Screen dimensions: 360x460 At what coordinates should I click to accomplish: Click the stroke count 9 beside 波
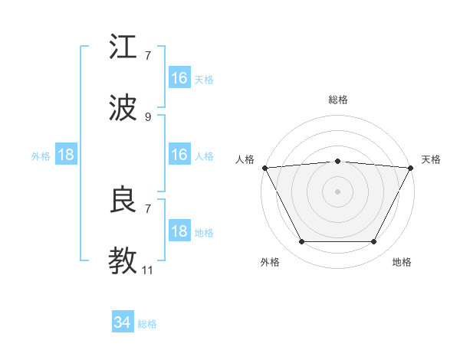click(x=148, y=117)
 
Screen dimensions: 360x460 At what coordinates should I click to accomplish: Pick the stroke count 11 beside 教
click(x=147, y=270)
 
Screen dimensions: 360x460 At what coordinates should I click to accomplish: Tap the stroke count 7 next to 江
click(x=148, y=56)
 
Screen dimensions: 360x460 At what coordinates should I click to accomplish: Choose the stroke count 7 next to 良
click(x=148, y=208)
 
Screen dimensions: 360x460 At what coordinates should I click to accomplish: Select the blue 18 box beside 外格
click(x=66, y=155)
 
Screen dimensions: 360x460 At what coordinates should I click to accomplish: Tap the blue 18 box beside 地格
click(x=179, y=231)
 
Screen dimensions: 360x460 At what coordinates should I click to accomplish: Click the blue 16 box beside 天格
click(x=179, y=78)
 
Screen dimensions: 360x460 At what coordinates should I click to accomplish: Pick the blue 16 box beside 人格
click(x=179, y=155)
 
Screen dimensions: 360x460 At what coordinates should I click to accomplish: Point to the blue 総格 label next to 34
click(x=147, y=324)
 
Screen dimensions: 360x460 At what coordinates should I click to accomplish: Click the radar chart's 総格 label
click(x=337, y=100)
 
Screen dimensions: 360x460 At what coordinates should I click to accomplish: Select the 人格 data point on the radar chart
click(x=264, y=167)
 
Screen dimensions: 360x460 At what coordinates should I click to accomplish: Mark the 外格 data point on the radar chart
click(x=301, y=242)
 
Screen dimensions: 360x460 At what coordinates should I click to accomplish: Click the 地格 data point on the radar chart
click(x=374, y=242)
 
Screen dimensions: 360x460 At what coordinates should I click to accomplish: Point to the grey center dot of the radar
click(x=337, y=191)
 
